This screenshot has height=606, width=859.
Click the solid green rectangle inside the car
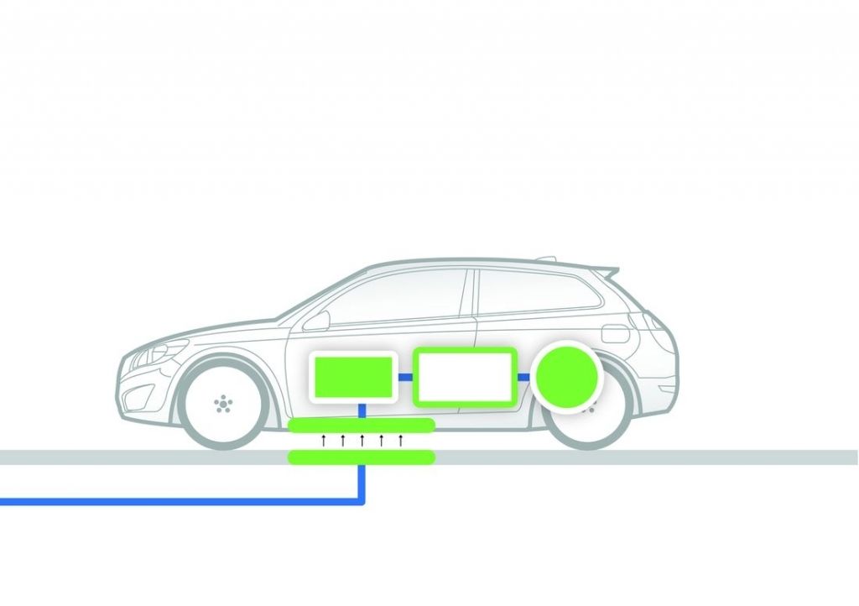(352, 376)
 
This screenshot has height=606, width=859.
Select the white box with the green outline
(465, 376)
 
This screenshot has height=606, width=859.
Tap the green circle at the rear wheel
(569, 376)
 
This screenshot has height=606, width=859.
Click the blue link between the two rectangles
(404, 377)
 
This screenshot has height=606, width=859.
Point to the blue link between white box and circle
(525, 377)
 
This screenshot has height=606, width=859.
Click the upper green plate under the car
(361, 425)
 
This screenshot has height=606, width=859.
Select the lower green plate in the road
(361, 457)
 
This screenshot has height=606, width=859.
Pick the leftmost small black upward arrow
(323, 441)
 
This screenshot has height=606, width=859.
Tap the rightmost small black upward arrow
(401, 441)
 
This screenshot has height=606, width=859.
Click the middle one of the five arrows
(362, 441)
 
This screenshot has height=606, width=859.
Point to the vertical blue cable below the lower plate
(362, 483)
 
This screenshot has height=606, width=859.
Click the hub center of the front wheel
(222, 405)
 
